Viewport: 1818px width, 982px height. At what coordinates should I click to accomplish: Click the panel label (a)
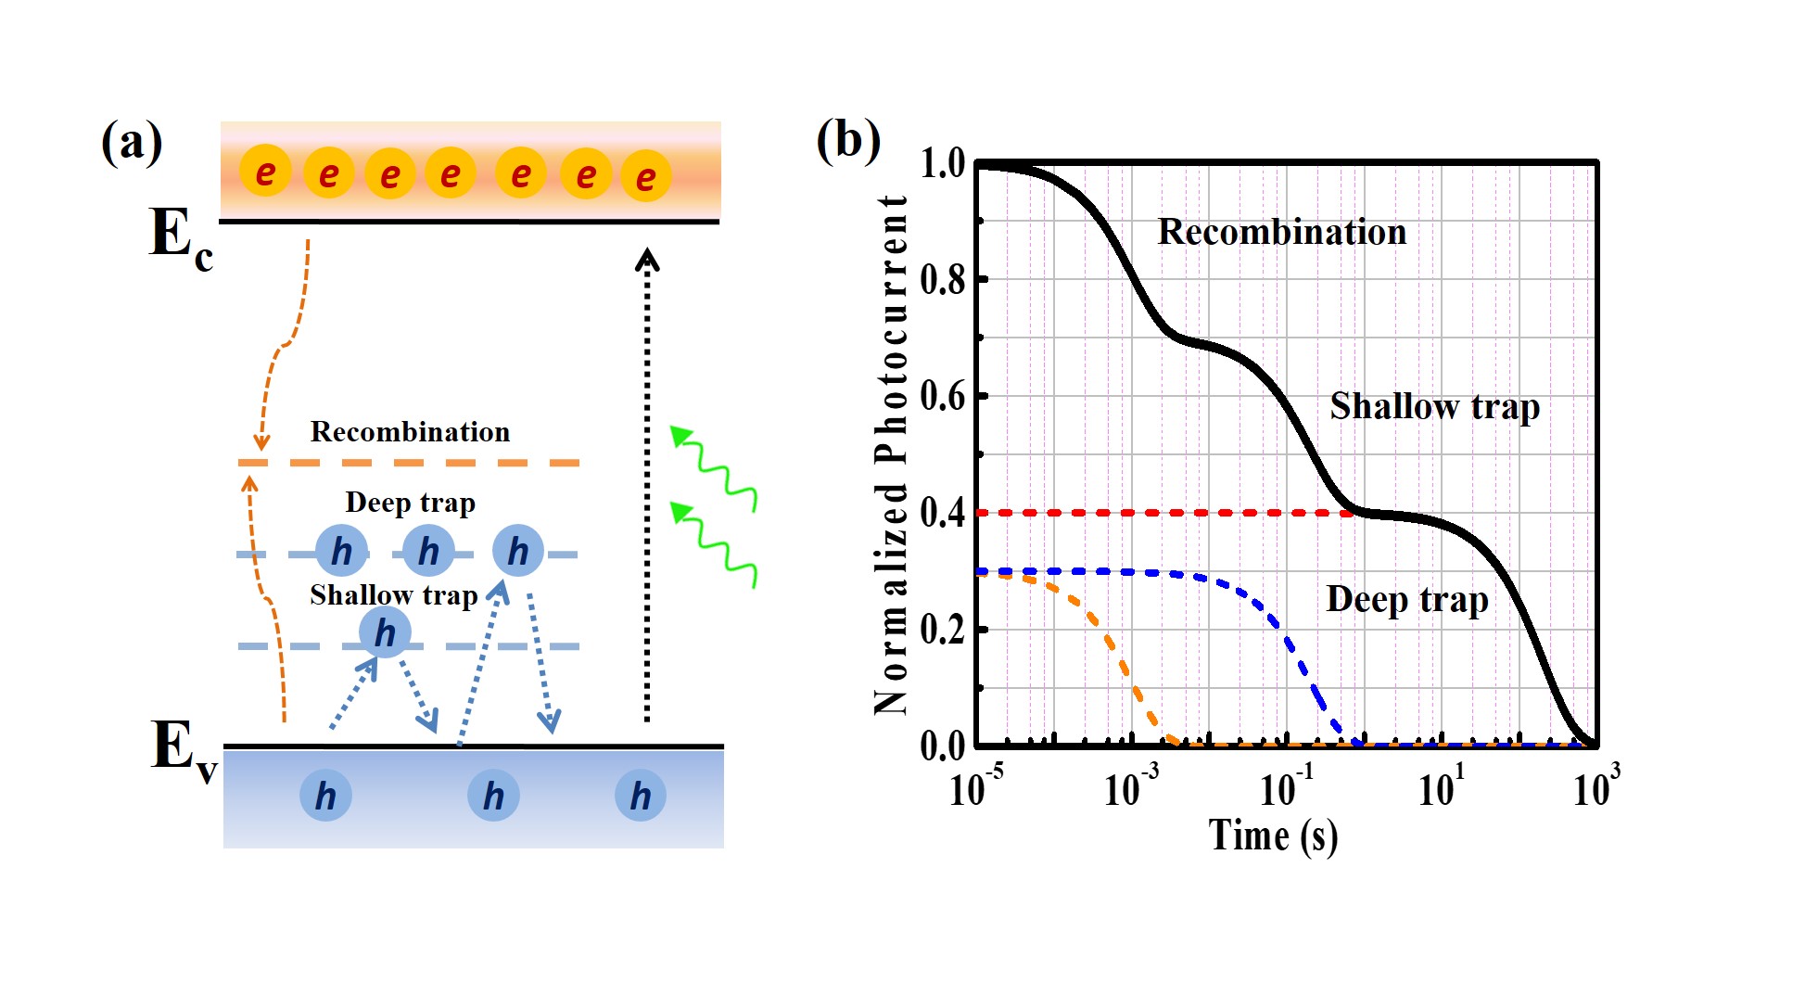click(x=132, y=143)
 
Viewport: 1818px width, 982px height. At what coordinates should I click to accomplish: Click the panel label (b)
click(x=847, y=140)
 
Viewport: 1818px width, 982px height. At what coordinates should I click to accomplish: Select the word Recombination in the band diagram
click(x=410, y=432)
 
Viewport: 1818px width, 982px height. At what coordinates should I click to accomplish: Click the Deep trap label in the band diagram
click(x=410, y=503)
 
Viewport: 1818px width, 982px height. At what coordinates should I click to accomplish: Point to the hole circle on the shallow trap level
click(x=385, y=632)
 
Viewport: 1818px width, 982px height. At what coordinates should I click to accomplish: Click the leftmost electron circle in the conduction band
click(x=265, y=172)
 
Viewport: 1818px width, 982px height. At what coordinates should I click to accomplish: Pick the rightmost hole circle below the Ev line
click(x=641, y=796)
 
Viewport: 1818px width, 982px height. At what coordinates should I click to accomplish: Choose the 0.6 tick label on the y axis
click(x=942, y=396)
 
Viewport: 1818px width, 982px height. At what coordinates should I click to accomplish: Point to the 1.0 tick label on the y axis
click(x=942, y=164)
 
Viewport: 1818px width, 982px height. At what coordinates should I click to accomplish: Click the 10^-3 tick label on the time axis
click(x=1130, y=788)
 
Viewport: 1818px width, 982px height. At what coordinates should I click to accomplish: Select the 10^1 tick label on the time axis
click(x=1441, y=788)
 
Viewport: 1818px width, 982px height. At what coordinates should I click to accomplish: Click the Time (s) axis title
click(x=1273, y=836)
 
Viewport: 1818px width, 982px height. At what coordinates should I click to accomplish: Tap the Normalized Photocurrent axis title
click(x=891, y=454)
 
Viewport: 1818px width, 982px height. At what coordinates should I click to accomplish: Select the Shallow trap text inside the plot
click(x=1434, y=406)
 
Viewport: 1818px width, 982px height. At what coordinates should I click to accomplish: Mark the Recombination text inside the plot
click(x=1281, y=232)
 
